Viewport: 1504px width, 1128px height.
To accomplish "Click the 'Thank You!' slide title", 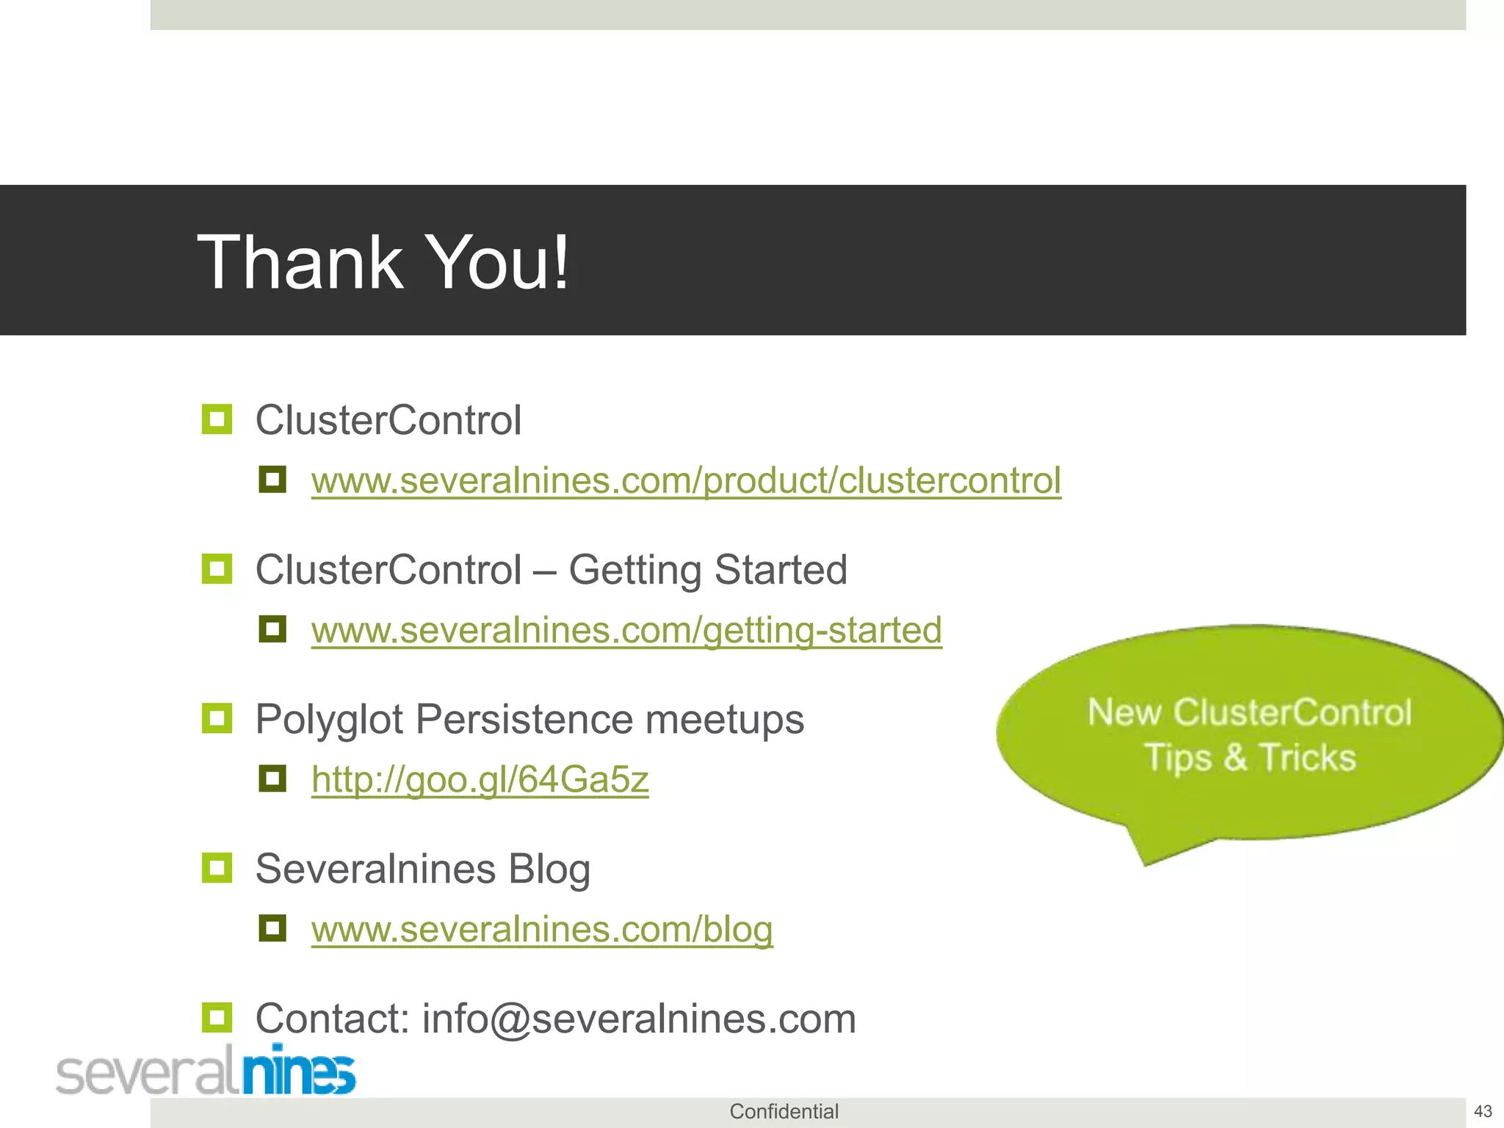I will click(x=383, y=262).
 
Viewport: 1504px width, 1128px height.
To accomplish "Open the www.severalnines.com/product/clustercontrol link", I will click(x=686, y=481).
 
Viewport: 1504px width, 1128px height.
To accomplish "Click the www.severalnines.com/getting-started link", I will click(x=626, y=630).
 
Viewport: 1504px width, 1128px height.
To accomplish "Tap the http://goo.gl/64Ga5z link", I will click(x=480, y=780).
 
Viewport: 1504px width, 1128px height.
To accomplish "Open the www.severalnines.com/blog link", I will click(x=542, y=930).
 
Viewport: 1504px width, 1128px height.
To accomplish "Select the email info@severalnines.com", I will click(x=639, y=1019).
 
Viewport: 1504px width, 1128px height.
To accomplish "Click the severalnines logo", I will click(x=206, y=1071).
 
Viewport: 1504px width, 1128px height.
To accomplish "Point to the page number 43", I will click(x=1483, y=1111).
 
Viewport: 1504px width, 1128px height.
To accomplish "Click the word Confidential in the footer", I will click(x=784, y=1112).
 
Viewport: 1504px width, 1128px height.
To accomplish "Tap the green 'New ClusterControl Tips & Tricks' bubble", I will click(x=1248, y=734).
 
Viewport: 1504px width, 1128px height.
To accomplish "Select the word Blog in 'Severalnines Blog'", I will click(x=549, y=869).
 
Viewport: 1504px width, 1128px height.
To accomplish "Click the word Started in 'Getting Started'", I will click(x=781, y=570).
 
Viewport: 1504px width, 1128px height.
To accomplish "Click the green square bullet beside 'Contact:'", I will click(x=217, y=1018).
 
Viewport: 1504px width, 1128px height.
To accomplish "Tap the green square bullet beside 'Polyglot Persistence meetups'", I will click(x=217, y=718).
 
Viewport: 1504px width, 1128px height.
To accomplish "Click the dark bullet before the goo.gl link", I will click(x=272, y=778).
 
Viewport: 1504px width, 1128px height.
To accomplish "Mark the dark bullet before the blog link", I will click(x=272, y=928).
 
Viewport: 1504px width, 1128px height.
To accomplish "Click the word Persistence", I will click(x=524, y=720).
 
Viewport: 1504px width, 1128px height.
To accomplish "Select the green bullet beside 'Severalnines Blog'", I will click(x=217, y=868).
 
